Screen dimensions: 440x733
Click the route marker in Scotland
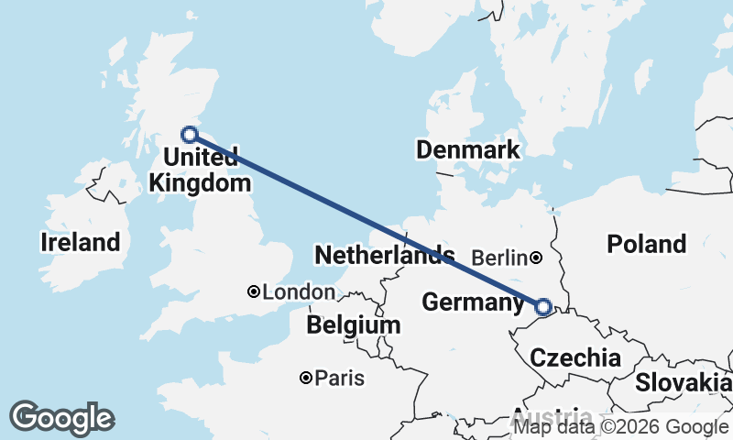[x=190, y=135]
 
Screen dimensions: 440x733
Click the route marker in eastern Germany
[x=543, y=307]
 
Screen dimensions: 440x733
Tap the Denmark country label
[x=467, y=149]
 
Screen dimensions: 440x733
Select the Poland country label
[x=646, y=244]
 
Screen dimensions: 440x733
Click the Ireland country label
[x=81, y=242]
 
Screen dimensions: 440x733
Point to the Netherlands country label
[x=384, y=254]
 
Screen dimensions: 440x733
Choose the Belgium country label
[x=354, y=324]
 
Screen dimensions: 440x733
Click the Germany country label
[x=473, y=302]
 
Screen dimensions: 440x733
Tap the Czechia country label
[x=576, y=357]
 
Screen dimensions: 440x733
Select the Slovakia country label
[x=682, y=382]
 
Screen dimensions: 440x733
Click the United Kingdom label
[x=200, y=171]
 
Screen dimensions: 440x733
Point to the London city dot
[x=253, y=291]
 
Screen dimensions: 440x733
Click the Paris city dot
[x=306, y=378]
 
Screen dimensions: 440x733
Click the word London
[x=299, y=292]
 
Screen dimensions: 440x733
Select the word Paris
[x=340, y=378]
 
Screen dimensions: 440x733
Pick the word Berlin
[x=500, y=258]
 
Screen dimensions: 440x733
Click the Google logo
[x=61, y=418]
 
